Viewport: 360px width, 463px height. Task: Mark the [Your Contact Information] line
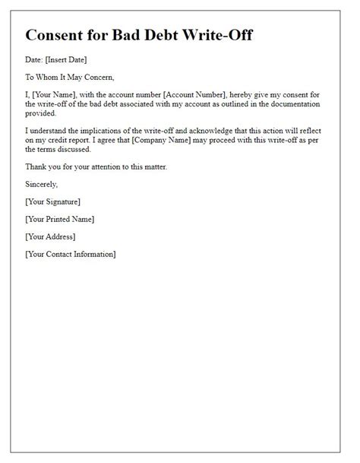(71, 254)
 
